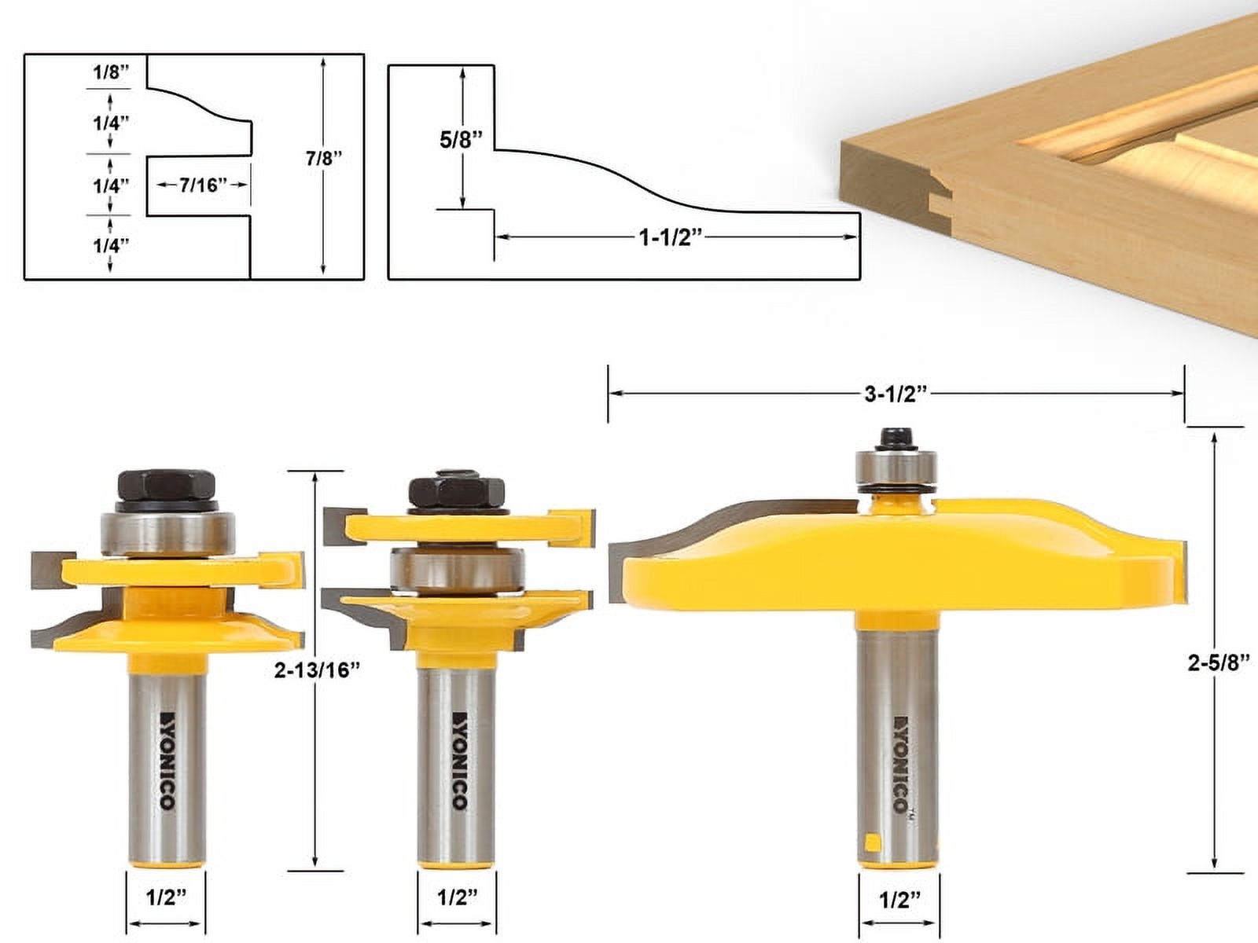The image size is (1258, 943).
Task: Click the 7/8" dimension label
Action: [x=324, y=158]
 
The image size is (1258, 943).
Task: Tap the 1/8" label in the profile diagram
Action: [x=110, y=72]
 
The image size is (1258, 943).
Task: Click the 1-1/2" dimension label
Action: [x=669, y=237]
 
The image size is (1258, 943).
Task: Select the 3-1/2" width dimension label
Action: [x=896, y=394]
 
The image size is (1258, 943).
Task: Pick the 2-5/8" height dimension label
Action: [x=1218, y=662]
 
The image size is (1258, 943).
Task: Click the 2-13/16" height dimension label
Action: [x=318, y=670]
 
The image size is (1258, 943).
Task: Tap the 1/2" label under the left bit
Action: [x=165, y=897]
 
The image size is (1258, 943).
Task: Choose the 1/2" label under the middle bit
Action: [x=457, y=897]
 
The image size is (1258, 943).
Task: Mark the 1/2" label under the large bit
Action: [x=899, y=899]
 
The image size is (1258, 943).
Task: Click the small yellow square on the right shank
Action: [x=871, y=845]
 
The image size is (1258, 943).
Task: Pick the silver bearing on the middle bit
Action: [x=458, y=569]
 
